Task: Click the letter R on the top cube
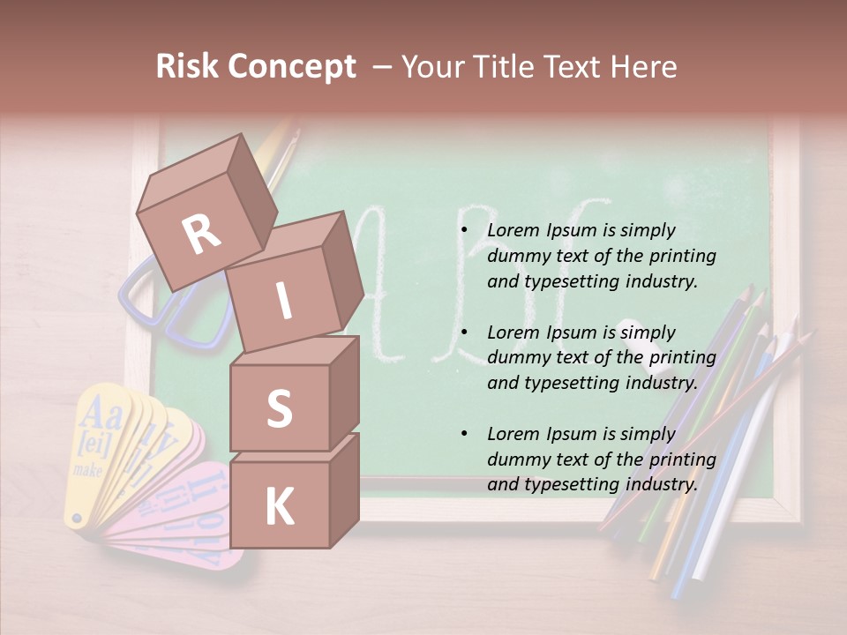(201, 234)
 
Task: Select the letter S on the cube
(279, 408)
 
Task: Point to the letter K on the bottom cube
(279, 506)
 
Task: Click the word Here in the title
(644, 66)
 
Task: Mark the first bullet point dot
(464, 231)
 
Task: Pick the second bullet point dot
(464, 332)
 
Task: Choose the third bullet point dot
(464, 435)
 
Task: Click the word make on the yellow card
(87, 470)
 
